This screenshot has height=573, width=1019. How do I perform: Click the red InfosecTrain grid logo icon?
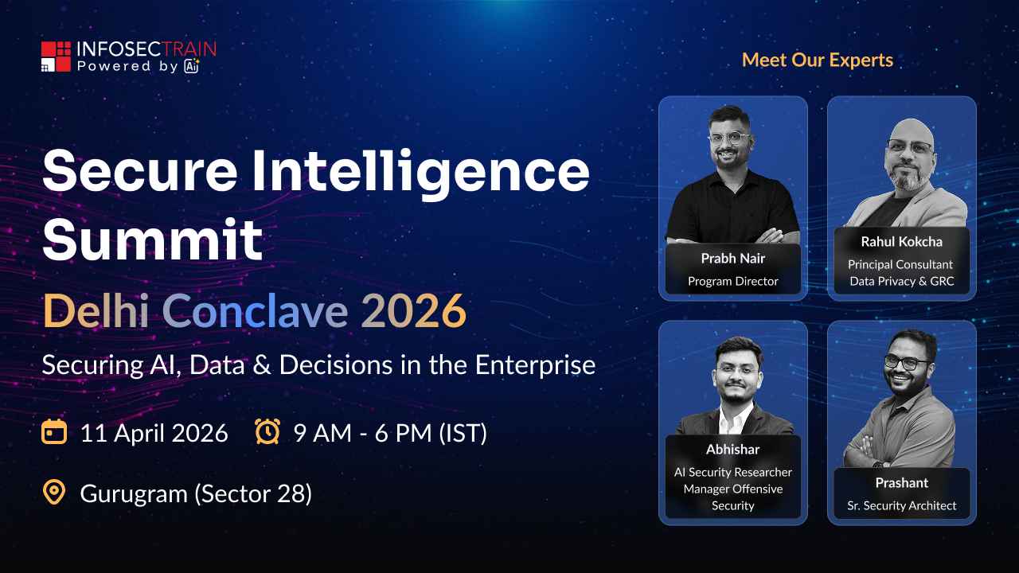(x=56, y=57)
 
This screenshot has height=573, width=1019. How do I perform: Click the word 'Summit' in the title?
(x=152, y=240)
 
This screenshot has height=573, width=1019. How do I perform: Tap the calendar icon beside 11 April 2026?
(x=53, y=433)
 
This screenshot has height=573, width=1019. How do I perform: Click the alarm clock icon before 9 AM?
(x=267, y=433)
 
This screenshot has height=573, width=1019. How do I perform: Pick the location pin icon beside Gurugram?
(x=53, y=493)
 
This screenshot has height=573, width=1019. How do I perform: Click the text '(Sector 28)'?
(x=253, y=494)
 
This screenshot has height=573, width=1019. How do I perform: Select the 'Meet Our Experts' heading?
(x=818, y=60)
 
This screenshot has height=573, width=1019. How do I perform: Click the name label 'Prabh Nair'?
(x=732, y=259)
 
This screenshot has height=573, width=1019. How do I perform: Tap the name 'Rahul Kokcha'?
(x=901, y=242)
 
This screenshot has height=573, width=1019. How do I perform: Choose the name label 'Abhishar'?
(x=732, y=450)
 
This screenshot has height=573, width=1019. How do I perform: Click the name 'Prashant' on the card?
(x=901, y=483)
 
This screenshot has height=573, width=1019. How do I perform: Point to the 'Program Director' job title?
(x=732, y=281)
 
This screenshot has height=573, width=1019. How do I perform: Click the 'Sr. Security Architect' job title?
(x=901, y=505)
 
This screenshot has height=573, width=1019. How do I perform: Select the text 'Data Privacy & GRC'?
(x=901, y=281)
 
